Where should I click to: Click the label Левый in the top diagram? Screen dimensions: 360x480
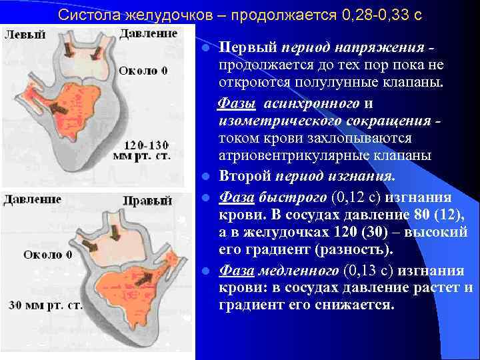click(x=25, y=35)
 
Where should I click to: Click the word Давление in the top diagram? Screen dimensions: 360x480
click(x=148, y=33)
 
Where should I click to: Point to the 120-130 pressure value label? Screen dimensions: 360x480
click(x=147, y=143)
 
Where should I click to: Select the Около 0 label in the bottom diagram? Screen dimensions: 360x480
click(x=47, y=255)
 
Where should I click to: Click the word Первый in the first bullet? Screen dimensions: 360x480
click(x=248, y=49)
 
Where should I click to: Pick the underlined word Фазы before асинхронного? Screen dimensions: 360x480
click(x=239, y=104)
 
